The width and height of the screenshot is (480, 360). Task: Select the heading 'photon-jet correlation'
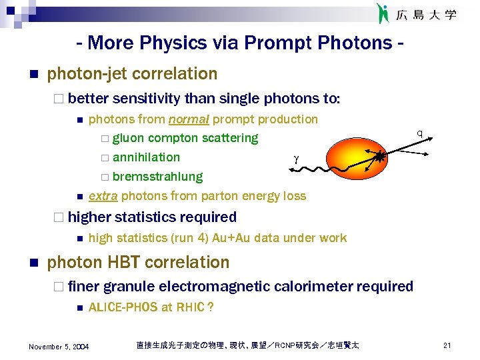click(132, 73)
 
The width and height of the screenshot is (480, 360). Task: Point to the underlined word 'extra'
click(103, 196)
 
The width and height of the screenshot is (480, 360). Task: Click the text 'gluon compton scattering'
click(185, 138)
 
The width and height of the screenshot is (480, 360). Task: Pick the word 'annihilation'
click(146, 157)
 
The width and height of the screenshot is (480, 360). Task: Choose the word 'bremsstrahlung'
click(157, 177)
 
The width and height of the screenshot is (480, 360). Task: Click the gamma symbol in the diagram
click(295, 159)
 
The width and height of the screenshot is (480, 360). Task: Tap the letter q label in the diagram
click(419, 133)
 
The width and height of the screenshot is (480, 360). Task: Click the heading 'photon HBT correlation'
click(138, 262)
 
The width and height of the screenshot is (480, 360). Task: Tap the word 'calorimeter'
click(315, 287)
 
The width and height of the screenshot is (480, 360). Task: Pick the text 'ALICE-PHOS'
click(123, 307)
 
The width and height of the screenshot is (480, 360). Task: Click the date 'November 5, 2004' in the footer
click(59, 345)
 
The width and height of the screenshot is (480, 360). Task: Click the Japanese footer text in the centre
click(247, 345)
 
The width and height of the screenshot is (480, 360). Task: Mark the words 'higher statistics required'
click(152, 217)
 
